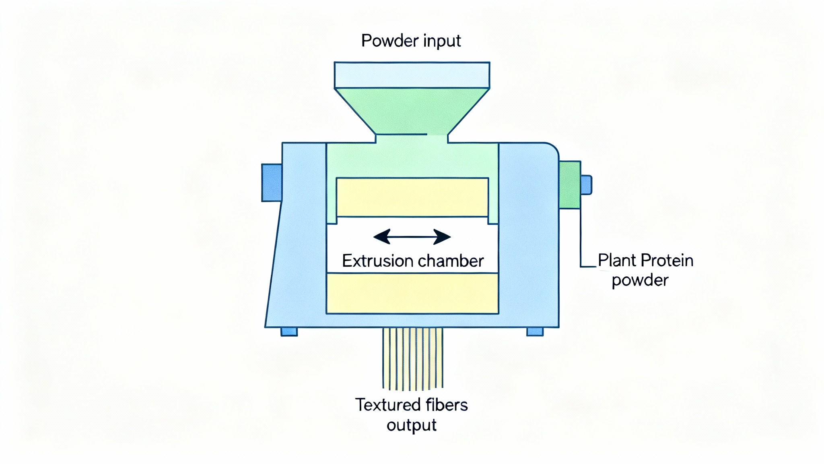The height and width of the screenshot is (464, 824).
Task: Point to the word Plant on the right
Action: click(x=616, y=260)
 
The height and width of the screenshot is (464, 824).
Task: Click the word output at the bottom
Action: click(x=411, y=425)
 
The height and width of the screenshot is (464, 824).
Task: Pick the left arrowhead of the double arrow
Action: click(x=382, y=237)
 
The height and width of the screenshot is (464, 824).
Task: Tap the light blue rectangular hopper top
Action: click(x=412, y=75)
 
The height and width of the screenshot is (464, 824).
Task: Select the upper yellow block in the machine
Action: click(x=412, y=197)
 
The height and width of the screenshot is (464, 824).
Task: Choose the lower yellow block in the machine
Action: click(x=412, y=293)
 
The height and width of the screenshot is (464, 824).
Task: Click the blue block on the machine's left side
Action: click(x=272, y=182)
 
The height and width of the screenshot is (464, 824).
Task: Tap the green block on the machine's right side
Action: click(x=569, y=185)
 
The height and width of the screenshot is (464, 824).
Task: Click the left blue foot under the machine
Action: click(x=289, y=331)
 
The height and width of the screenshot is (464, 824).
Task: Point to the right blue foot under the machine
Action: click(x=535, y=331)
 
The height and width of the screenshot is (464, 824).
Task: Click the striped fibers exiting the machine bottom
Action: click(x=412, y=358)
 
